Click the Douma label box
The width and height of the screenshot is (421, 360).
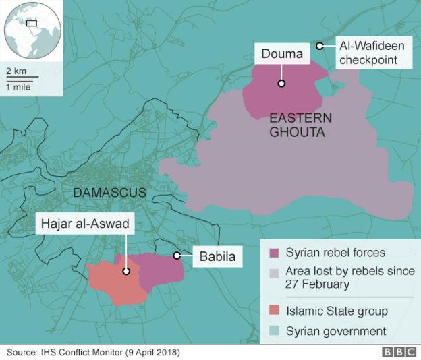click(x=282, y=54)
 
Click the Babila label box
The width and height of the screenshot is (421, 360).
click(x=217, y=256)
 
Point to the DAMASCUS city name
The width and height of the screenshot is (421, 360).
click(x=109, y=193)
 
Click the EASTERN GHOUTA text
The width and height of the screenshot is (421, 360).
click(x=300, y=125)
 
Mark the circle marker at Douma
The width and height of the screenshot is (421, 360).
click(x=281, y=84)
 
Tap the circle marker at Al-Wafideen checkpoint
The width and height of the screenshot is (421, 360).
click(x=320, y=47)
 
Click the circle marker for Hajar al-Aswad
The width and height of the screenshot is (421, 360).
click(x=125, y=272)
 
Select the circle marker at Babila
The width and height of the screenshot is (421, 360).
click(x=176, y=256)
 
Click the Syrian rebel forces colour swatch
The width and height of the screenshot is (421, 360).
click(x=274, y=253)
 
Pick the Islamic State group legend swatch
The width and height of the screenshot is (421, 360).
click(x=274, y=311)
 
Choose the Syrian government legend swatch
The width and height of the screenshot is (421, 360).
click(x=274, y=331)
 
